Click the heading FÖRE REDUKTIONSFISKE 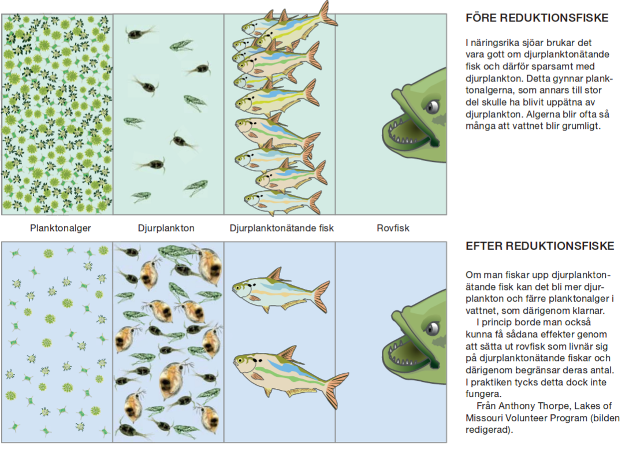[x=537, y=18]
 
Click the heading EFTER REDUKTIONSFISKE [x=539, y=246]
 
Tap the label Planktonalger [x=61, y=228]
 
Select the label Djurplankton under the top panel [x=166, y=228]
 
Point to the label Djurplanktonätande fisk [x=282, y=228]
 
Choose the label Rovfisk [x=393, y=228]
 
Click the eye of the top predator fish [x=433, y=106]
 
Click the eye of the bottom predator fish [x=433, y=328]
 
